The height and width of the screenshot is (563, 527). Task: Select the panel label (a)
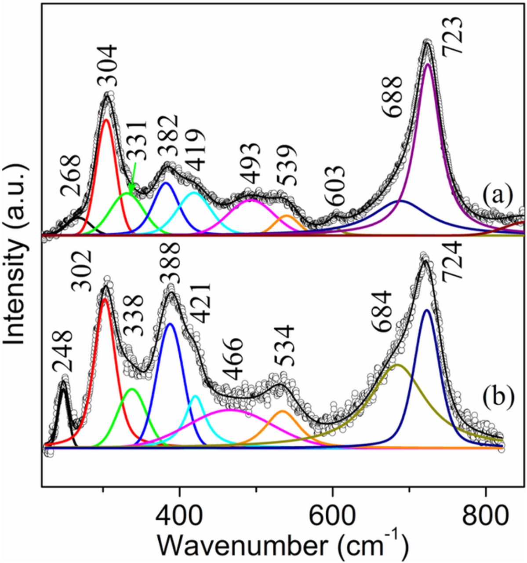point(498,194)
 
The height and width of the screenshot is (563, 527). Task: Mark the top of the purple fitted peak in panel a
point(428,64)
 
